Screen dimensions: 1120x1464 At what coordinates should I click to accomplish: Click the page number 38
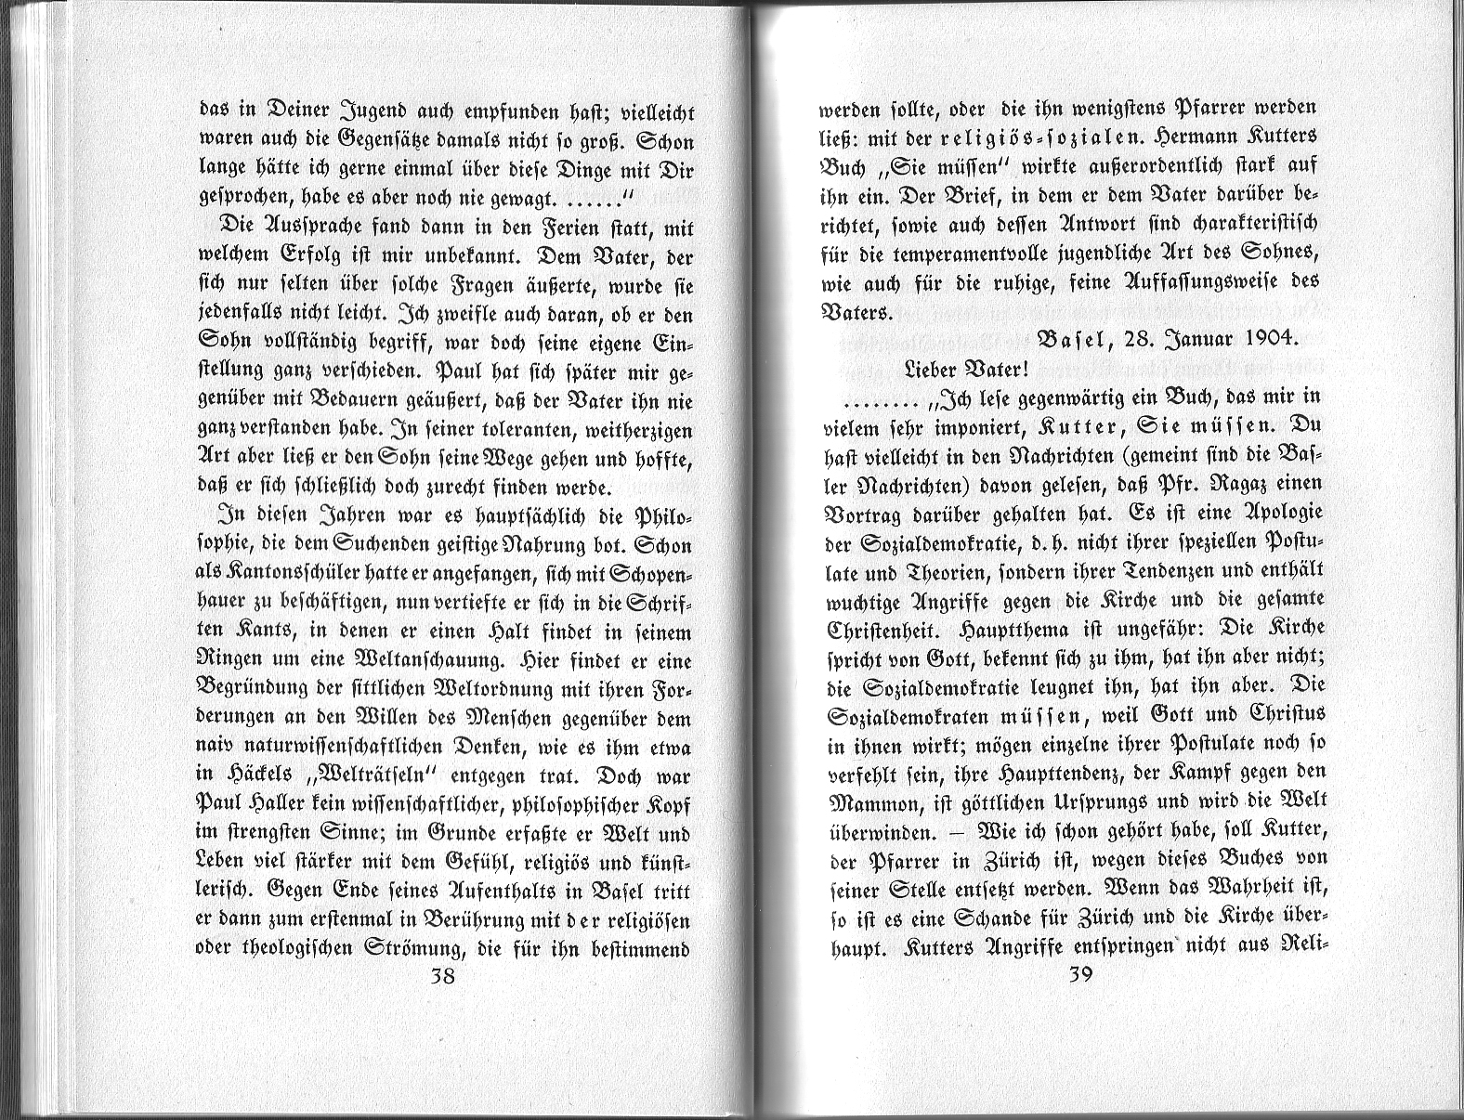click(x=442, y=977)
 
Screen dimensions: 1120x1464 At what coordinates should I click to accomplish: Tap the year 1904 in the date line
click(x=1267, y=339)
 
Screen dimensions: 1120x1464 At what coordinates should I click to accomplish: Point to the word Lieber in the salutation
click(x=933, y=368)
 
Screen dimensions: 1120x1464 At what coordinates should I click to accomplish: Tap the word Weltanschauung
click(x=421, y=661)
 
